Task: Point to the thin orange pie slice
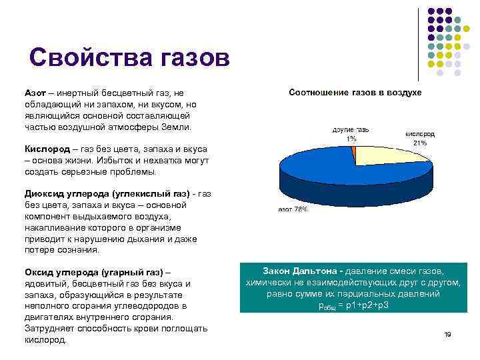(354, 155)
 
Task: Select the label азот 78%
(293, 209)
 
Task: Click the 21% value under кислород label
(420, 143)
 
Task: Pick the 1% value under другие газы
(351, 139)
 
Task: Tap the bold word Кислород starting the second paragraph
(47, 149)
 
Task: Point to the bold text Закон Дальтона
(299, 270)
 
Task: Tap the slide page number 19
(447, 334)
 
